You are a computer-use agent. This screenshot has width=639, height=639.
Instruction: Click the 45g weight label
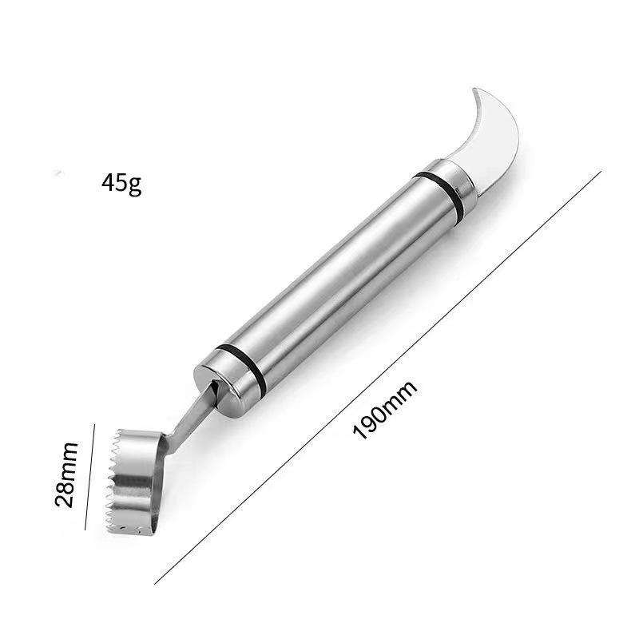(121, 184)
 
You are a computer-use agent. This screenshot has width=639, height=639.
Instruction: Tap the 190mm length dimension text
(385, 410)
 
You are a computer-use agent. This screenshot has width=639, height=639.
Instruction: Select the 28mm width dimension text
(66, 474)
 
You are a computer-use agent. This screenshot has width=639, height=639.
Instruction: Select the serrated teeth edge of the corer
(113, 481)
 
